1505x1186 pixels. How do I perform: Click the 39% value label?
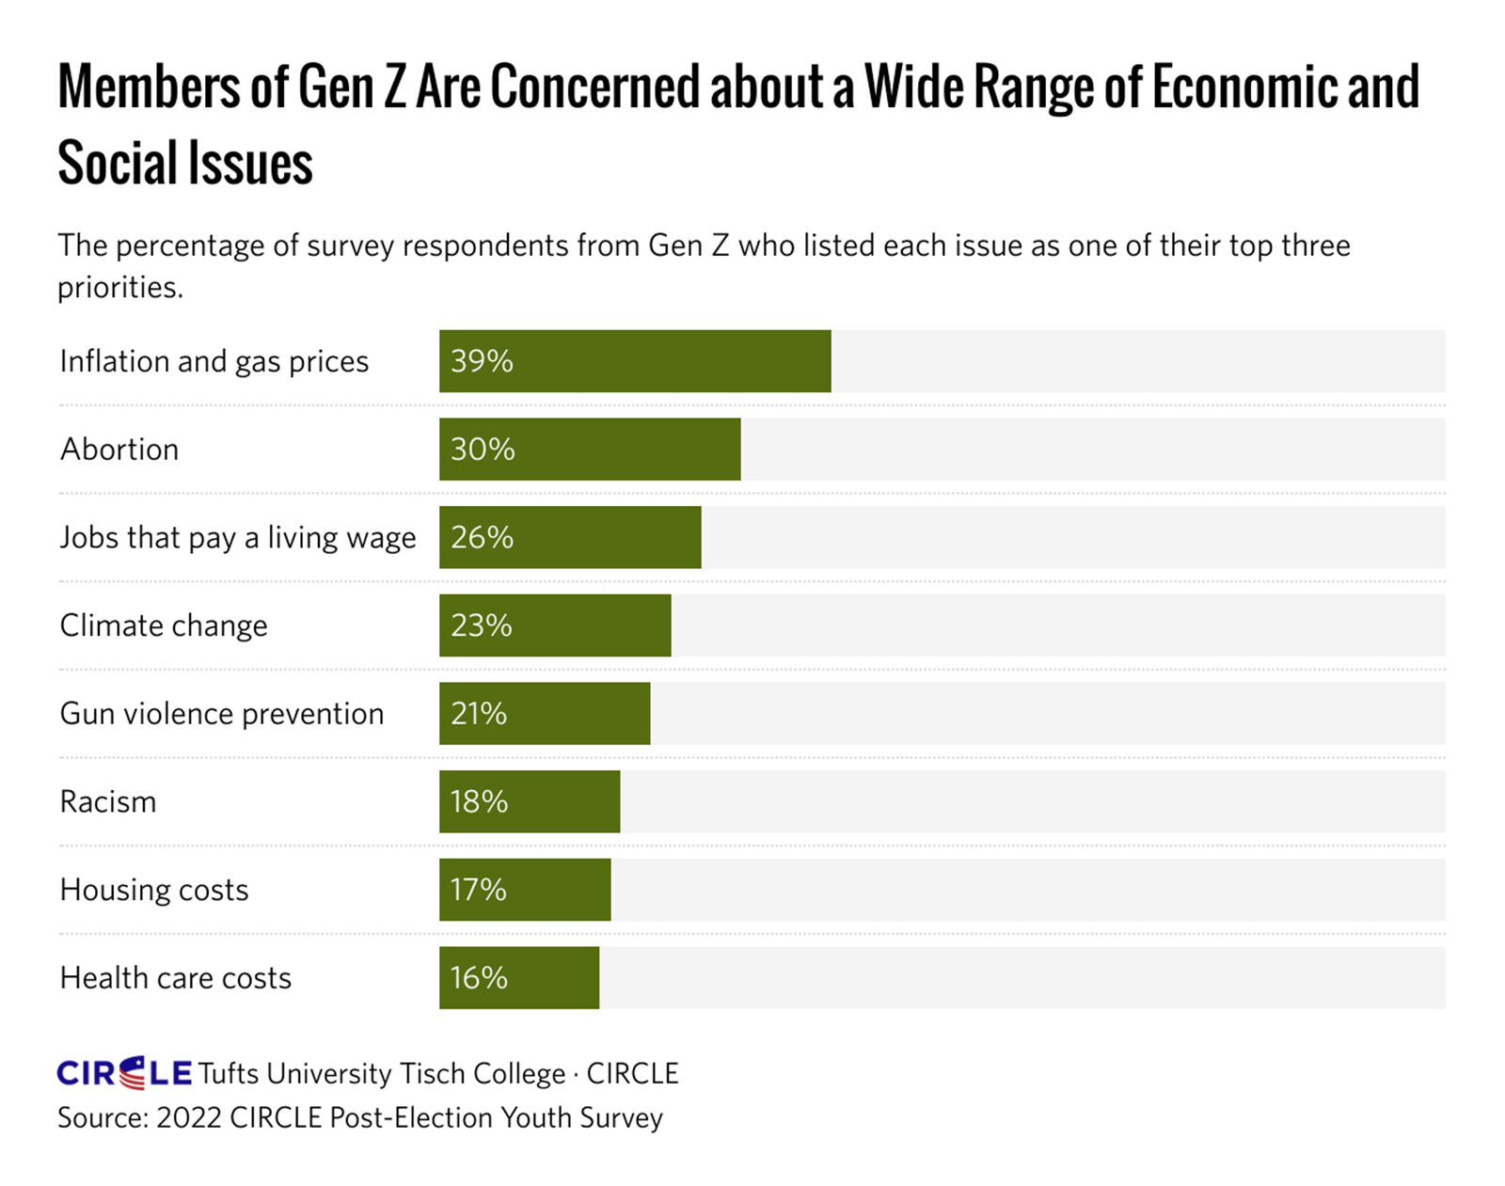[482, 361]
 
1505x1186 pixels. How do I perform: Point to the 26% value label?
[482, 537]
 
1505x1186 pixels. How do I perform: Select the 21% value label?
[479, 714]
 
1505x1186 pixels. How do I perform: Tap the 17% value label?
[478, 890]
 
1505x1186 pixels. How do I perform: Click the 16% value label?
[479, 978]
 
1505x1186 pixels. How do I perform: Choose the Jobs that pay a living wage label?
[237, 538]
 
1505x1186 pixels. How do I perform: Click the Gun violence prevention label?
[221, 714]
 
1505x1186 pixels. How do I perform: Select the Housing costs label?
[153, 890]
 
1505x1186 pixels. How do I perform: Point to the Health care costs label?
[175, 978]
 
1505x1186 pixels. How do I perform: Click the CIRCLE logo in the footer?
[124, 1072]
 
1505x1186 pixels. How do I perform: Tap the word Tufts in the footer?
[229, 1073]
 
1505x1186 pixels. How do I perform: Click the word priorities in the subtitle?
[119, 287]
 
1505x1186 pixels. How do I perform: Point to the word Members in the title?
[148, 87]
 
